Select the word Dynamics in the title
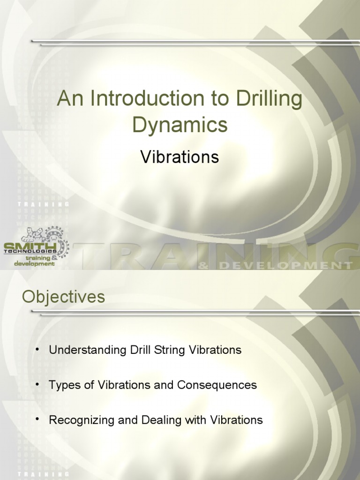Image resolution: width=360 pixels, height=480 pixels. [x=180, y=125]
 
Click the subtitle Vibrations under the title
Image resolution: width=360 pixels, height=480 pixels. [x=180, y=157]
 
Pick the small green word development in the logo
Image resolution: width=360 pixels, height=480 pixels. [x=29, y=263]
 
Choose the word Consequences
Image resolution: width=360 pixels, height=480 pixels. [x=217, y=385]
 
